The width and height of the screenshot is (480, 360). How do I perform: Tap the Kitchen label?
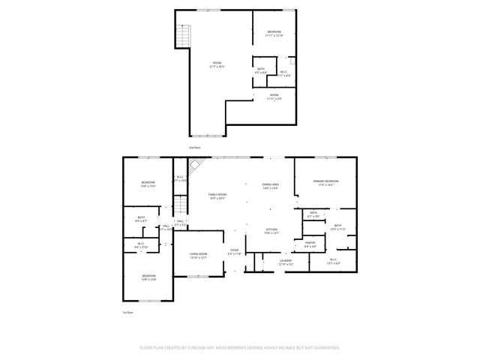271,232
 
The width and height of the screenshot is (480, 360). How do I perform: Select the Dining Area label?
270,186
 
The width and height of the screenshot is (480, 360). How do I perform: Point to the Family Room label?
217,196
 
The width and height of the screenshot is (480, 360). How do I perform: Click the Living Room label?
198,256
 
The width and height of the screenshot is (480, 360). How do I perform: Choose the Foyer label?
234,252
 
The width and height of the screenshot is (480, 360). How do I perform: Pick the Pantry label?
310,244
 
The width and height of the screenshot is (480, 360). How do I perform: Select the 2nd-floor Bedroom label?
274,33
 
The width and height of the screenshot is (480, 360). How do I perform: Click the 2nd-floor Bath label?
260,70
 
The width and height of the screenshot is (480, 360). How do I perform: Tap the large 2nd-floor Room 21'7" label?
217,64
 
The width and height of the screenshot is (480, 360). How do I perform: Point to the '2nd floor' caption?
194,148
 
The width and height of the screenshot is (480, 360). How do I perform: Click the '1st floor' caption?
128,312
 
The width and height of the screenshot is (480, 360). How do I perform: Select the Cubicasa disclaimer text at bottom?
240,348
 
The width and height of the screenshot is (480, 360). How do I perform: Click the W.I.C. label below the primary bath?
334,261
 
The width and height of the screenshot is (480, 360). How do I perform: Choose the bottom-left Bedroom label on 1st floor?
148,277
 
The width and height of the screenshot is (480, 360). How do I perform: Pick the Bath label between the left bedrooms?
140,220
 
